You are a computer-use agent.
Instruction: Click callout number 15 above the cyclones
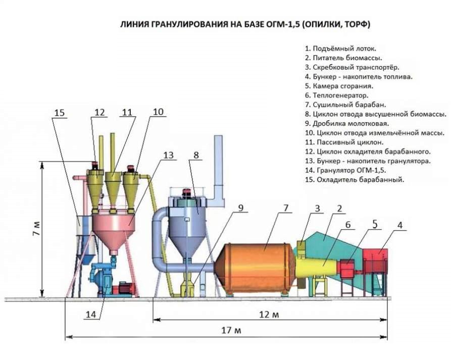(60, 113)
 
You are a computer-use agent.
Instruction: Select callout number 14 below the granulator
(90, 315)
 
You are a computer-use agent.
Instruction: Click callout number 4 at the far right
(400, 226)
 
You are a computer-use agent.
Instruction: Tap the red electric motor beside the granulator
(125, 289)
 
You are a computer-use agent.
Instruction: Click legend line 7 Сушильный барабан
(345, 105)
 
